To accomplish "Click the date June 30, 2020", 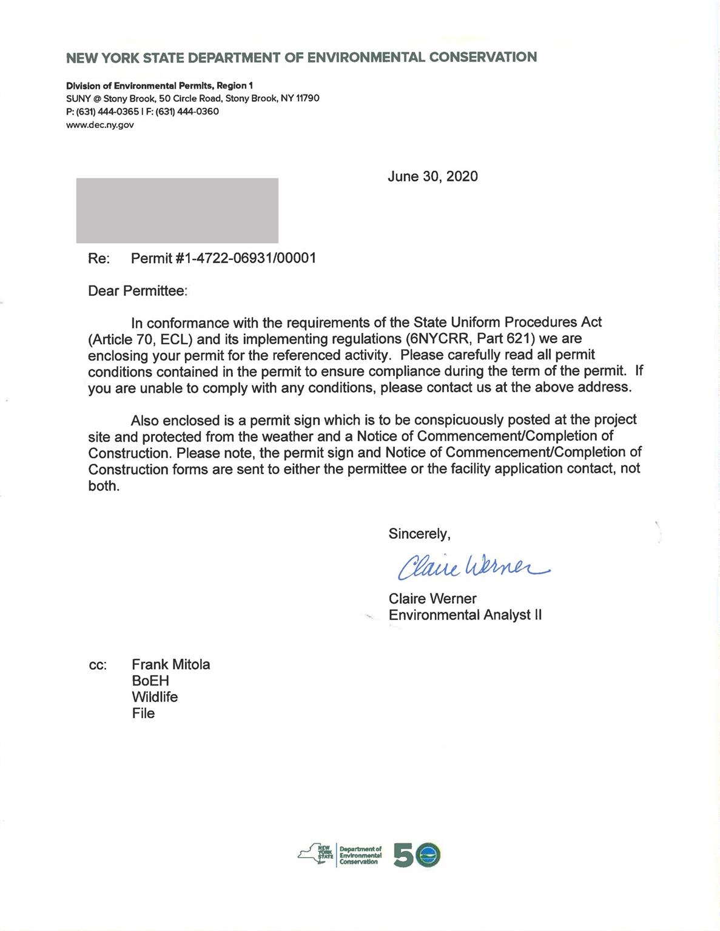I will click(x=432, y=176).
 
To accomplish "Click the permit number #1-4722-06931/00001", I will click(x=223, y=258).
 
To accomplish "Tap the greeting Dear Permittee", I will click(x=138, y=291).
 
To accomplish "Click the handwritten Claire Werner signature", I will click(x=472, y=566).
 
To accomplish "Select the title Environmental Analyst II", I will click(x=465, y=615).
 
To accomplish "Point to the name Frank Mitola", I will click(x=170, y=664).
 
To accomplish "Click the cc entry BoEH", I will click(x=150, y=681).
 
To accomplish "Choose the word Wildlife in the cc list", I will click(x=155, y=697).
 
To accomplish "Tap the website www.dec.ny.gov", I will click(x=99, y=125).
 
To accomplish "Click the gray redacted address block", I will click(x=177, y=210).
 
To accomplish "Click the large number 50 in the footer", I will click(x=416, y=855).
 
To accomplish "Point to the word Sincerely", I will click(x=419, y=533).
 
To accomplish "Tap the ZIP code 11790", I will click(x=308, y=98).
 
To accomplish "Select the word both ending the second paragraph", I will click(x=103, y=486).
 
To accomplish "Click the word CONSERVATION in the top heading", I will click(x=483, y=58).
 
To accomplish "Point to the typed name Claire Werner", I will click(x=432, y=598).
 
